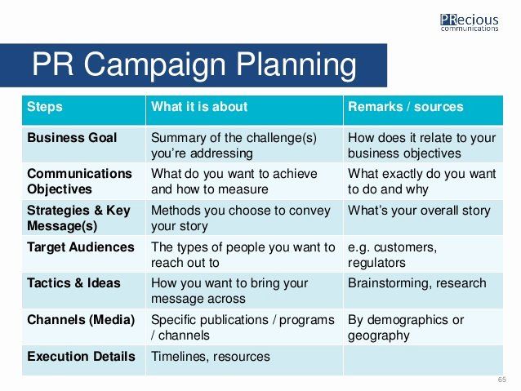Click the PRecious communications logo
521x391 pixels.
click(470, 23)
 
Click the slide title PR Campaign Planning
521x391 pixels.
click(194, 64)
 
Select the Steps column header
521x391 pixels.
click(45, 107)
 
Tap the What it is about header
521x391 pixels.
click(199, 107)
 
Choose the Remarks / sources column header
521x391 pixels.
click(405, 107)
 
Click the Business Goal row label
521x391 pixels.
click(72, 137)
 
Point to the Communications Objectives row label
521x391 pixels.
click(79, 181)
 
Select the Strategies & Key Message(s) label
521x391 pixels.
click(78, 218)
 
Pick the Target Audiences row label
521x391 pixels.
click(81, 247)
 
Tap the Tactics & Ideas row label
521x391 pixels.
click(73, 283)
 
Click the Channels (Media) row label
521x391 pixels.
click(81, 320)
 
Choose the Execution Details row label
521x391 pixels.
click(81, 356)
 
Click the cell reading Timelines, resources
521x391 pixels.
click(211, 357)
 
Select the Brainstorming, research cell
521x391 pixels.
click(417, 283)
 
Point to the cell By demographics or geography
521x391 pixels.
click(406, 327)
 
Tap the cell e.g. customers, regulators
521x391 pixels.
click(392, 255)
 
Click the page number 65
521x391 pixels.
click(501, 380)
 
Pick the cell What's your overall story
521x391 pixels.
click(419, 211)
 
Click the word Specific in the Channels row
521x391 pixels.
click(172, 321)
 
